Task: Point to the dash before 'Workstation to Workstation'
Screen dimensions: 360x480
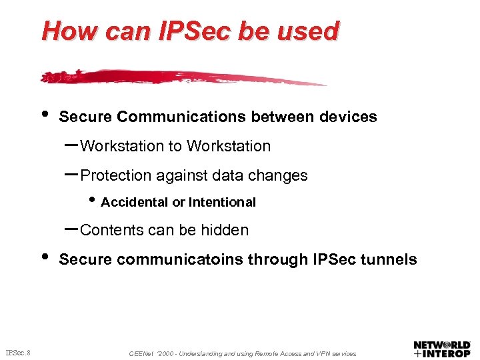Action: (x=71, y=144)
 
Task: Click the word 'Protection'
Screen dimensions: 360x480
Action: (x=115, y=176)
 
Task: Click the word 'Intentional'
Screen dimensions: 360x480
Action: (x=222, y=202)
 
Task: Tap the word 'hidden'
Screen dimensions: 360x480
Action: (x=225, y=231)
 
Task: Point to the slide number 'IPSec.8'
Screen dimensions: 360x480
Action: (x=21, y=353)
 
